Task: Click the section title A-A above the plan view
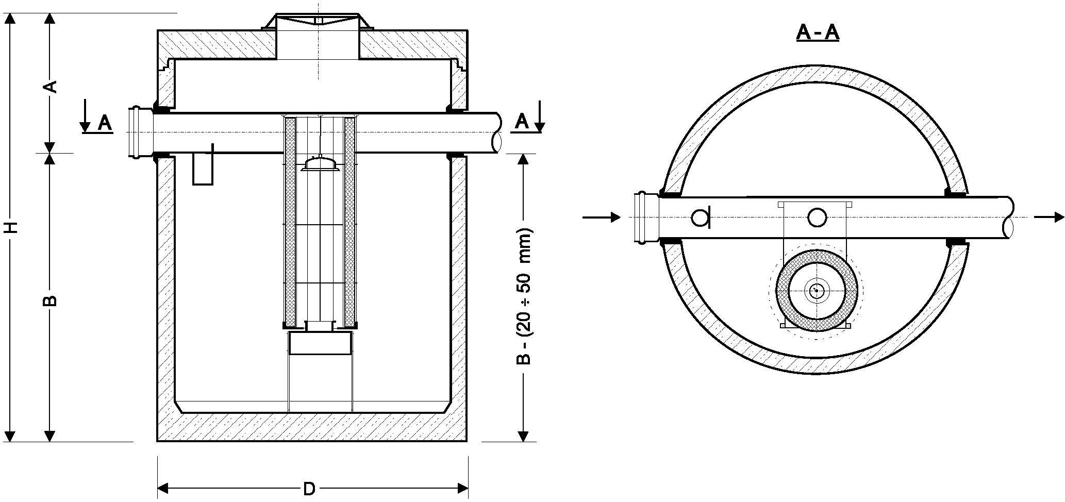tap(818, 32)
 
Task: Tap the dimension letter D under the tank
tap(308, 489)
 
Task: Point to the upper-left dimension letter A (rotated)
tap(50, 86)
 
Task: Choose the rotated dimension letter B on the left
tap(50, 300)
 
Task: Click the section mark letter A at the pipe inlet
tap(105, 123)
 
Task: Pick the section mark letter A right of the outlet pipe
tap(522, 122)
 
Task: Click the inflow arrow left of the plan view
tap(601, 217)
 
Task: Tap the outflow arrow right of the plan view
tap(1049, 217)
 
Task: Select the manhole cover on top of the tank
tap(318, 22)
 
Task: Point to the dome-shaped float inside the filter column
tap(321, 163)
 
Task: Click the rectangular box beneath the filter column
tap(320, 343)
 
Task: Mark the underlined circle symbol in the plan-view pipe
tap(700, 218)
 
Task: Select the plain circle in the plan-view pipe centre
tap(817, 217)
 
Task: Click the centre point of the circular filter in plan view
tap(817, 291)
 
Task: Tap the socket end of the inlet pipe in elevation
tap(137, 132)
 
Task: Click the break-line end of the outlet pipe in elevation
tap(497, 132)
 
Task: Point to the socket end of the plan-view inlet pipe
tap(643, 217)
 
